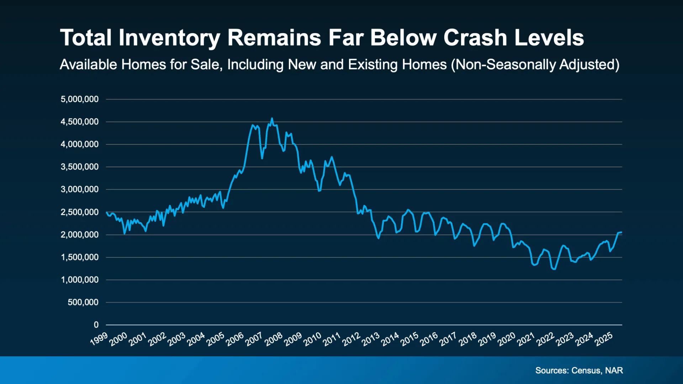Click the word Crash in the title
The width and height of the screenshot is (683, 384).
coord(475,38)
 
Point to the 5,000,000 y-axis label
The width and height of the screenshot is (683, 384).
coord(80,99)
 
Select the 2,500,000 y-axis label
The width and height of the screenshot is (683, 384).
coord(80,212)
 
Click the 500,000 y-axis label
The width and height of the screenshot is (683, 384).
coord(83,303)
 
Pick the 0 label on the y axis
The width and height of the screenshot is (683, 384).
coord(96,325)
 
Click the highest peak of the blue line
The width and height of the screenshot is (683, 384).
coord(272,119)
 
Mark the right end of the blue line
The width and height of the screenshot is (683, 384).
coord(621,232)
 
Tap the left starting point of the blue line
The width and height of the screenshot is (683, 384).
coord(107,212)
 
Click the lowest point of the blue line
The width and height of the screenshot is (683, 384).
coord(554,269)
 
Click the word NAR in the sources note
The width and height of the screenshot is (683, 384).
coord(614,370)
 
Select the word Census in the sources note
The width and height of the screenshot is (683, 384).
coord(586,370)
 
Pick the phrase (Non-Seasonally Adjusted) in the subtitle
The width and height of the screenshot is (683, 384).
coord(535,65)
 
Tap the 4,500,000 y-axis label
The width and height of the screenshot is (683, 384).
coord(80,122)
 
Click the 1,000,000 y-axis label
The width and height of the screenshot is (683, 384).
coord(80,280)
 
